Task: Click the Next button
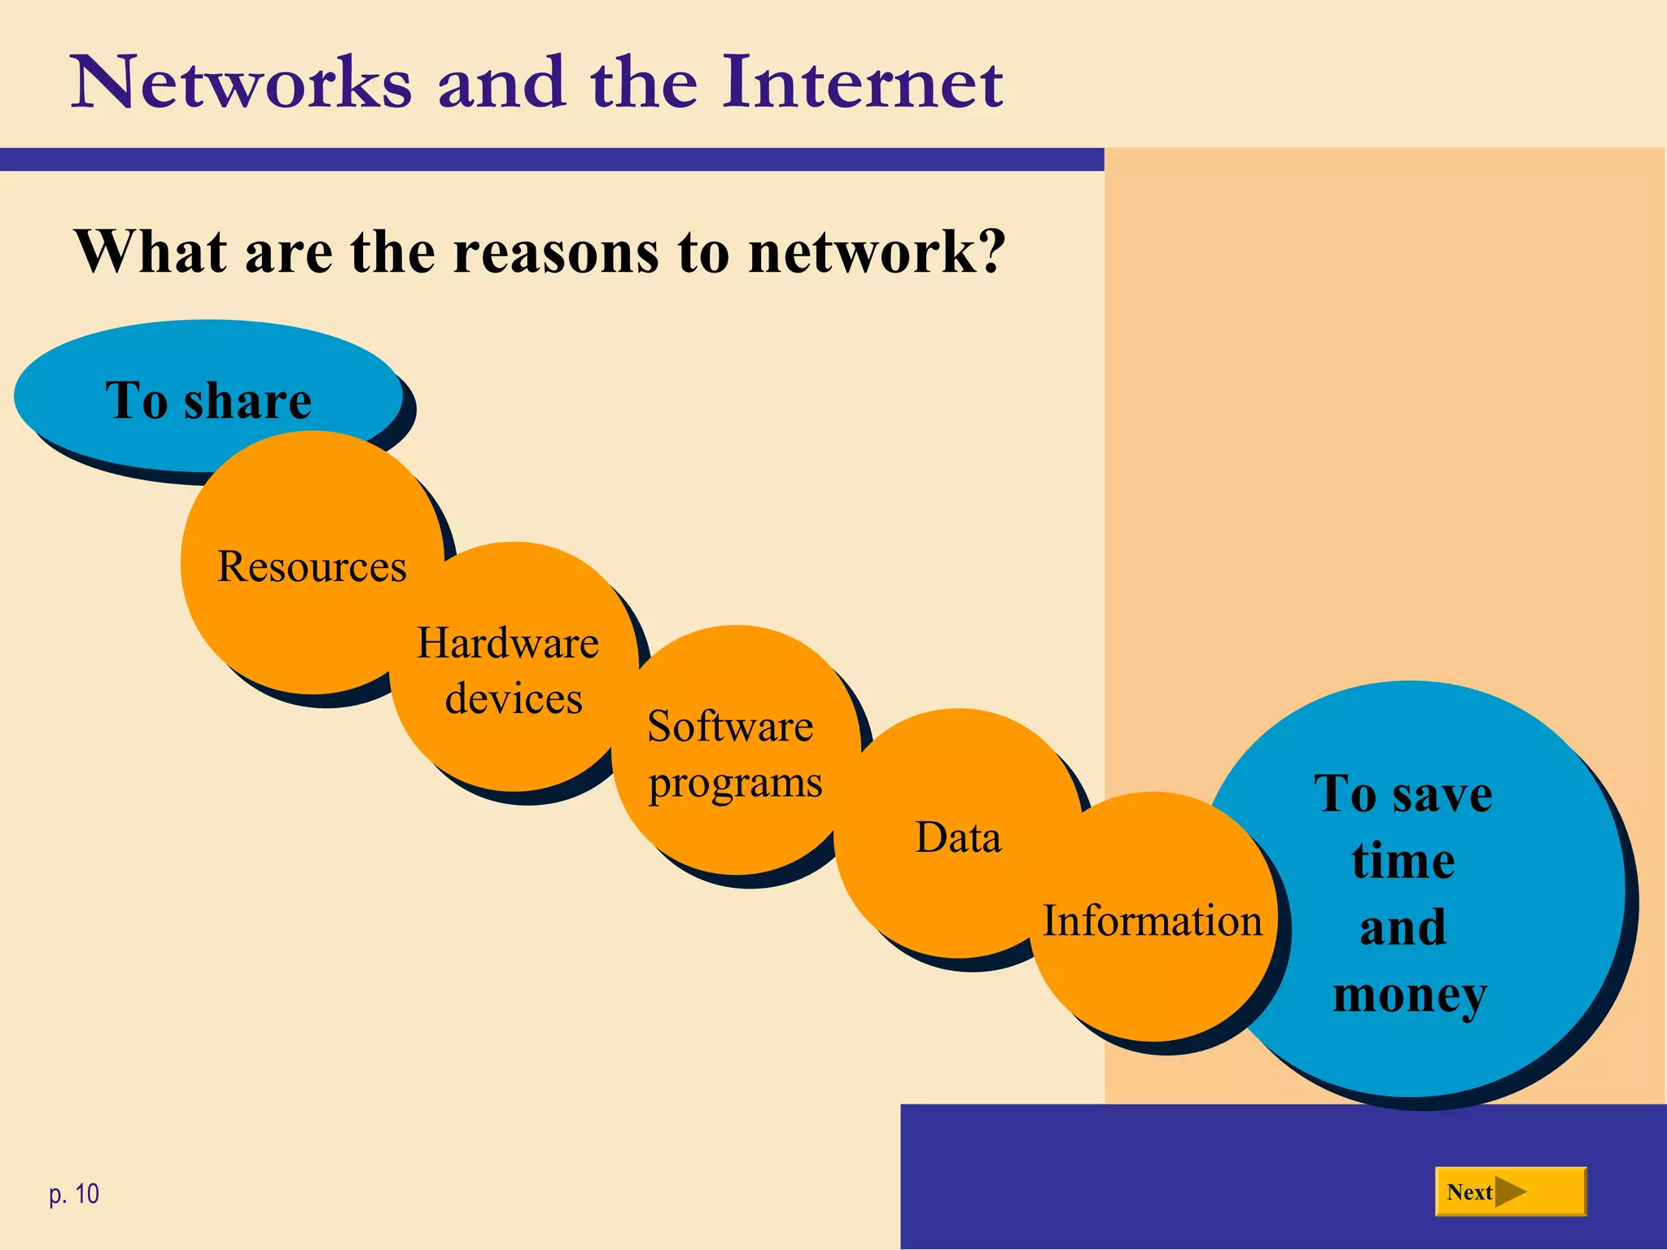tap(1509, 1192)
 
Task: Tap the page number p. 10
tap(74, 1194)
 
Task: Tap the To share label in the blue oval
tap(208, 400)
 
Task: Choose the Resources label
tap(312, 566)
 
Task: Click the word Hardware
tap(508, 643)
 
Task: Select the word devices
tap(514, 699)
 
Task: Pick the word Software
tap(730, 726)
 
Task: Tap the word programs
tap(735, 784)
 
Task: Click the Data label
tap(958, 837)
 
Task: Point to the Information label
tap(1153, 921)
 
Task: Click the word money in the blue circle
tap(1410, 995)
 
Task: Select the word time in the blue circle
tap(1403, 861)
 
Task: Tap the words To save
tap(1403, 793)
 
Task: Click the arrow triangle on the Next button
tap(1511, 1192)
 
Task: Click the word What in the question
tap(151, 251)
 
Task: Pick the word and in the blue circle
tap(1403, 928)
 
